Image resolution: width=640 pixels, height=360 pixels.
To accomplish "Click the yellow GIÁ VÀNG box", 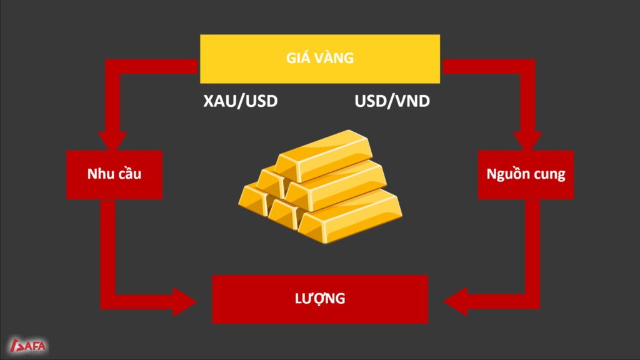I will (319, 59).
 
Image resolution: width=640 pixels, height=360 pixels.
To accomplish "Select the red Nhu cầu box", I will (114, 174).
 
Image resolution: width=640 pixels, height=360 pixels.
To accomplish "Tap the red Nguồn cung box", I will (526, 174).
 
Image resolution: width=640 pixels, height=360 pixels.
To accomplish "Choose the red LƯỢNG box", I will (320, 299).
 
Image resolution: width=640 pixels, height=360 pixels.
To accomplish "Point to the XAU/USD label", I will (240, 101).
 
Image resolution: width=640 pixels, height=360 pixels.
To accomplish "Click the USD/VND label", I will (392, 101).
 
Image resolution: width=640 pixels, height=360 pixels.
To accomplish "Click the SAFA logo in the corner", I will (28, 344).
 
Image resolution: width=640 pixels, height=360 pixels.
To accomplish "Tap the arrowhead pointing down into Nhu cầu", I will (113, 140).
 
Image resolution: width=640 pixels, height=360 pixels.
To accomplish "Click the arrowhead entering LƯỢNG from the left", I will (184, 301).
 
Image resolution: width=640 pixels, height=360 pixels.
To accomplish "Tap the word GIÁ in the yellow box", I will (298, 59).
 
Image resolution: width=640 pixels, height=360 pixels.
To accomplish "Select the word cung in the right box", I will (549, 174).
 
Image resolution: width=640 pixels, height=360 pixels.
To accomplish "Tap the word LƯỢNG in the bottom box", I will (320, 299).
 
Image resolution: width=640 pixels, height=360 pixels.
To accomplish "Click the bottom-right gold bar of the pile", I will (353, 219).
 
